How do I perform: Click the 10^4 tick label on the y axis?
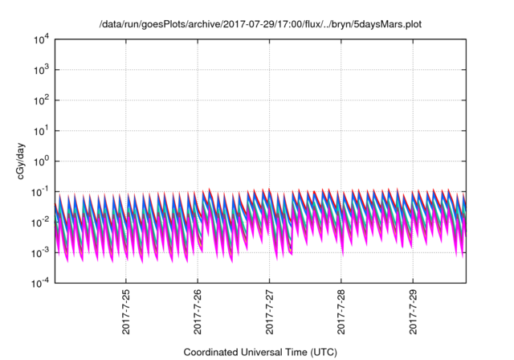coord(41,39)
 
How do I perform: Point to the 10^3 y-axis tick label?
coord(41,69)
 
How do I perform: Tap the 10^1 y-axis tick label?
coord(41,130)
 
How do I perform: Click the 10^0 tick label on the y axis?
coord(41,161)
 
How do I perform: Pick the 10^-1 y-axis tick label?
coord(40,191)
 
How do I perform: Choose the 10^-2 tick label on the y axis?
coord(40,222)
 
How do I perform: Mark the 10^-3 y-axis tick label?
coord(40,252)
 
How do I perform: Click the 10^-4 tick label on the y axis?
coord(40,283)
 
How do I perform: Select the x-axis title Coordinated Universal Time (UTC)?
coord(259,352)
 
